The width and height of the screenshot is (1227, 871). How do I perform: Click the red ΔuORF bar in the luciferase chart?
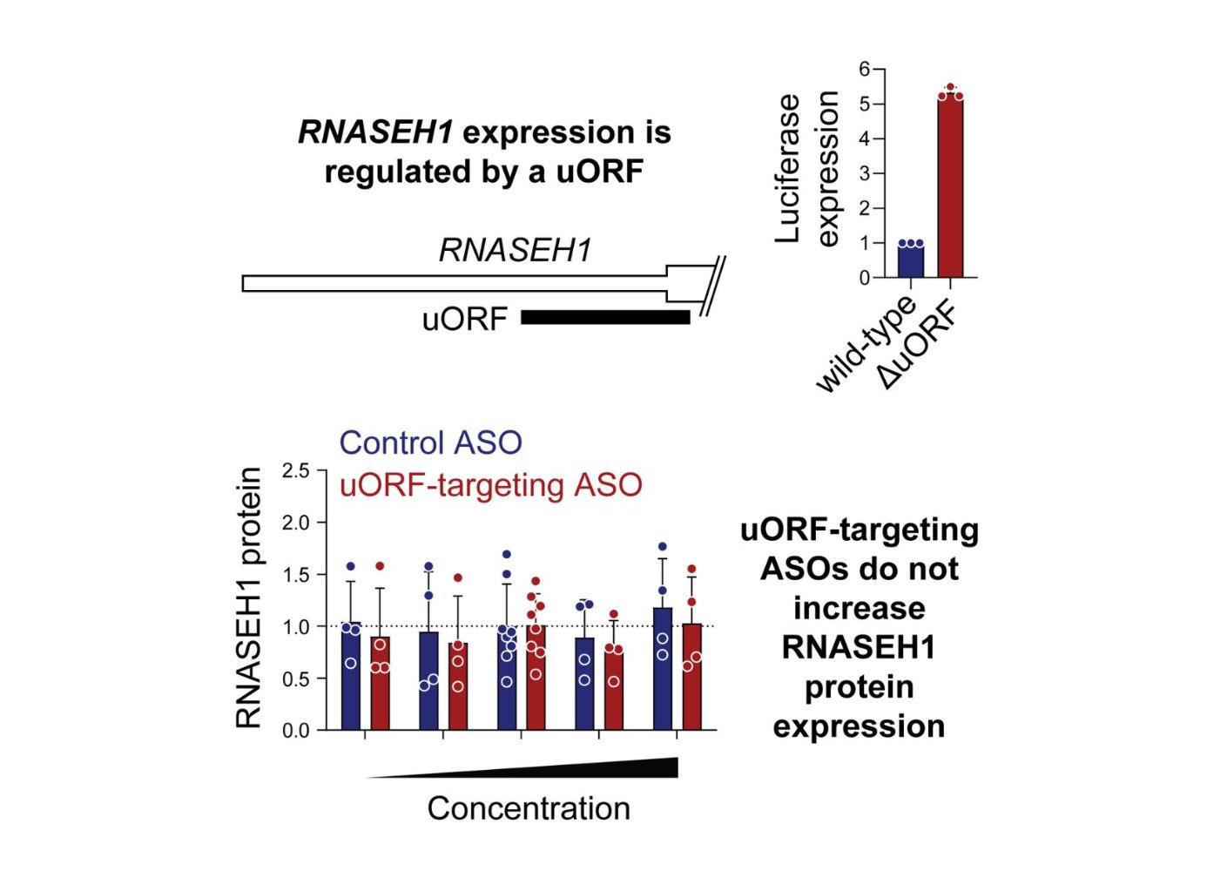(950, 187)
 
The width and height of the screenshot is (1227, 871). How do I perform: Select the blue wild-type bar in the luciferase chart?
(911, 260)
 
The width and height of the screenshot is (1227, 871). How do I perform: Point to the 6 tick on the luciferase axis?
(865, 69)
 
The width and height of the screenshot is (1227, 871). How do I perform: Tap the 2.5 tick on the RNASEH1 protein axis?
(295, 471)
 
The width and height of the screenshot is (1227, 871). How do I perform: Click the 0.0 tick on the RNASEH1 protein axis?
(295, 731)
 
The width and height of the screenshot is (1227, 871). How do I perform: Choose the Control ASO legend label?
(430, 442)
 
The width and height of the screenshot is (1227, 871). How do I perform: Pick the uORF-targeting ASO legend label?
(490, 484)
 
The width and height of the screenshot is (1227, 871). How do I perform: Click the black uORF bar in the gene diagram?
(605, 317)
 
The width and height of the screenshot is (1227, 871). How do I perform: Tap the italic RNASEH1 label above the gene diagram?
(515, 250)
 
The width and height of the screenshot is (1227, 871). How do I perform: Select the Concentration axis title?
(528, 808)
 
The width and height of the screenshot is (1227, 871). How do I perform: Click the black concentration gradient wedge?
(610, 768)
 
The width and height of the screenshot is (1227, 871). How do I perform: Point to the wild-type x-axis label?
(866, 344)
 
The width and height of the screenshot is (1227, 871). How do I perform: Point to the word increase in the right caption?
(859, 608)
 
